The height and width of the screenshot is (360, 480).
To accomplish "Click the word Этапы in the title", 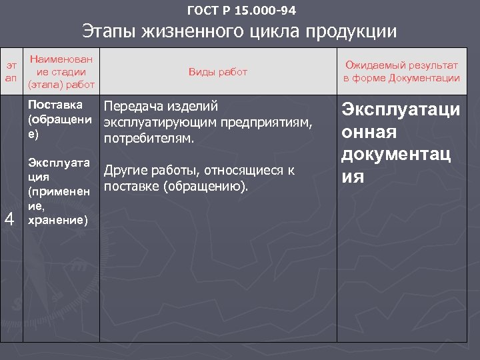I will pos(110,32).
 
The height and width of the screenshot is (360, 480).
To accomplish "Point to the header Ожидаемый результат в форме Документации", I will pos(401,71).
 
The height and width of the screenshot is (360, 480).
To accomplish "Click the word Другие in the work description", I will pos(125,171).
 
